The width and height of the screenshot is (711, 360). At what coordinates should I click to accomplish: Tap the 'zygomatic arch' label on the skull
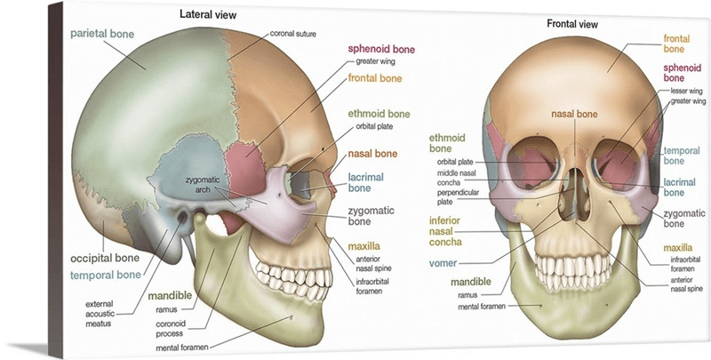203,185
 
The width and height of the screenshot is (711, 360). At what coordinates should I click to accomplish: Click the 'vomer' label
443,263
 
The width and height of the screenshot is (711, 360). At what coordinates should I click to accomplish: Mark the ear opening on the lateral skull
184,216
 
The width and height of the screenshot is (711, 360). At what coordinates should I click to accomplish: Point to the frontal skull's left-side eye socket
531,165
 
